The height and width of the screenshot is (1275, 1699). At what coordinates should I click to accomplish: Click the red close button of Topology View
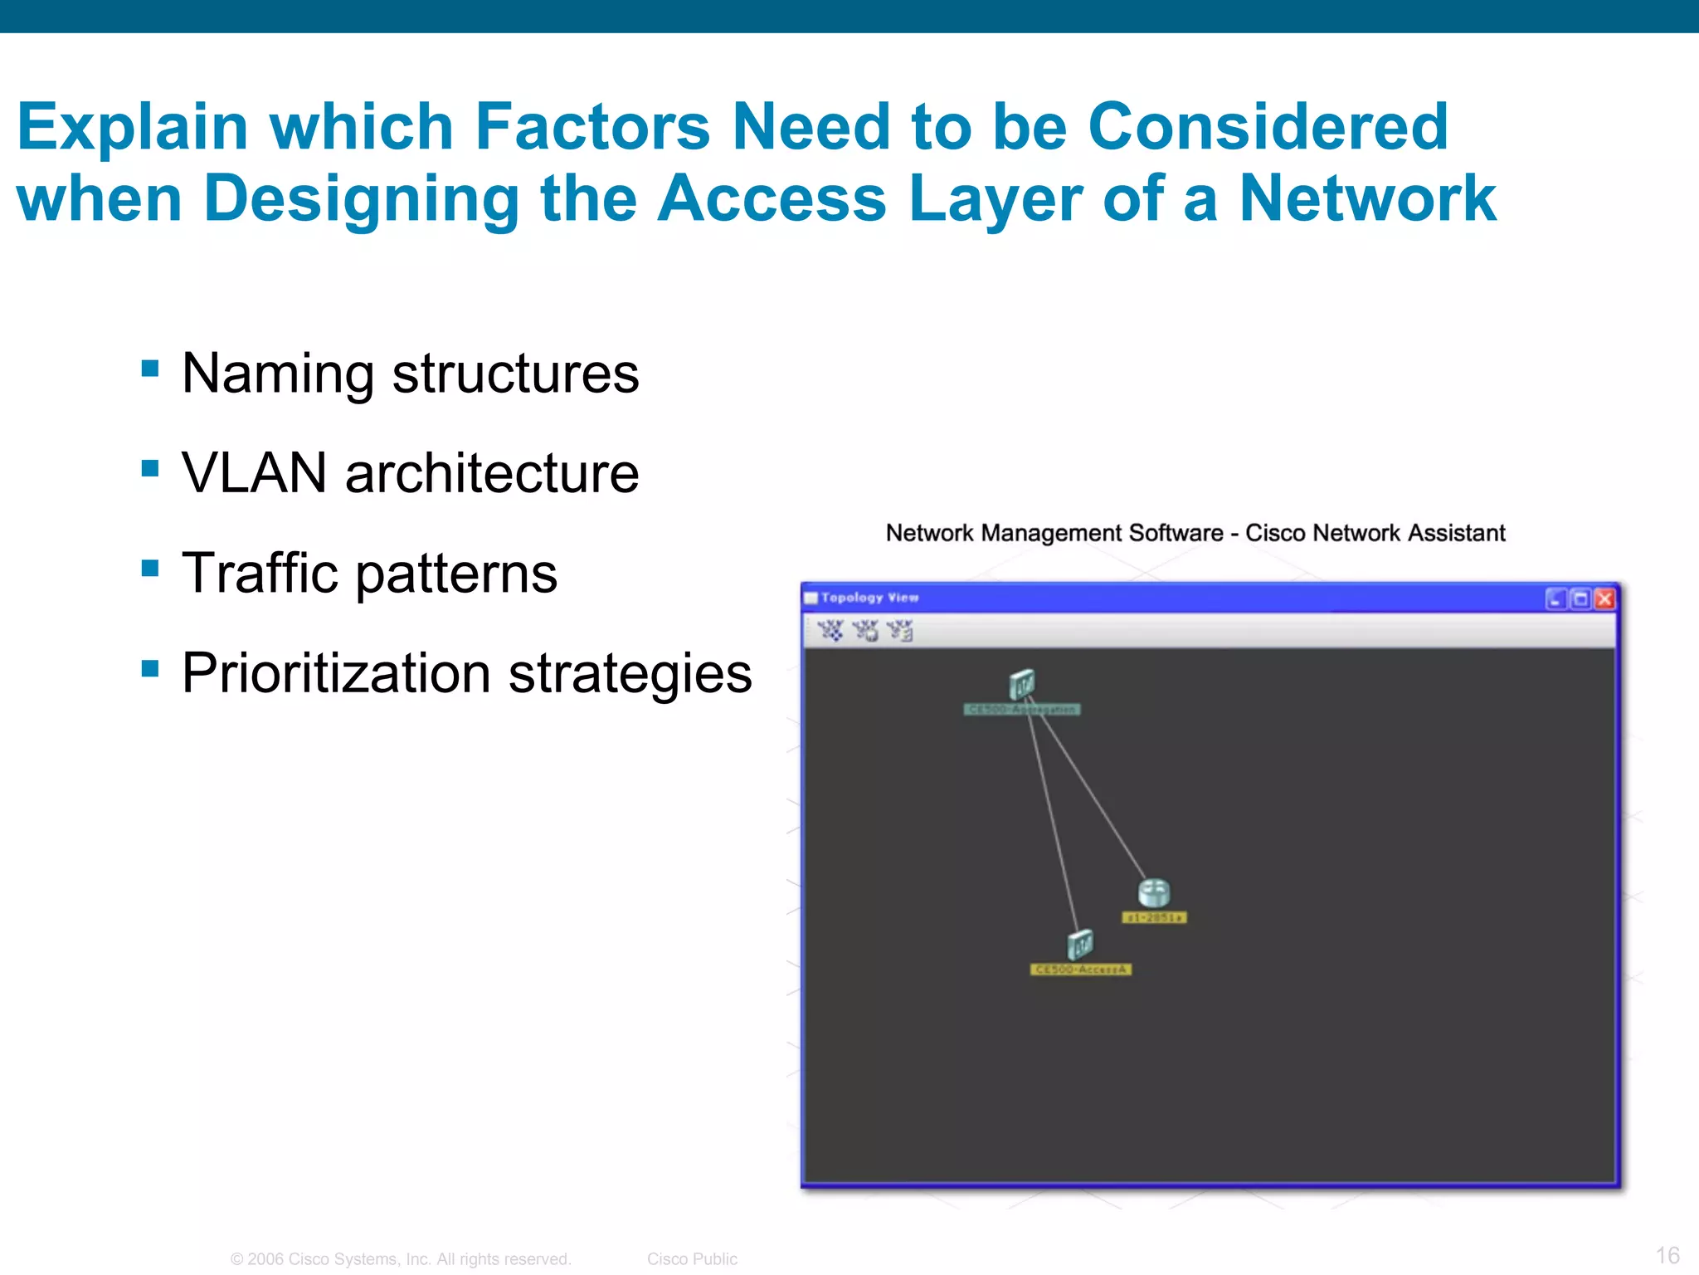tap(1604, 598)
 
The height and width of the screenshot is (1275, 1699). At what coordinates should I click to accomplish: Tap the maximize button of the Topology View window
tap(1580, 598)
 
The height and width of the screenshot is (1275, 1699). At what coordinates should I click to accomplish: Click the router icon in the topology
tap(1153, 892)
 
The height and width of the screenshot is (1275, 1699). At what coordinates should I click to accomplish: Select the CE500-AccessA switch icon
tap(1080, 945)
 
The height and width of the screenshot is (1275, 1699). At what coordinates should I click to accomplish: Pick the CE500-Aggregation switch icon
tap(1022, 685)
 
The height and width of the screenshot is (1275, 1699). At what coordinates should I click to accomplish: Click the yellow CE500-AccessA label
tap(1080, 970)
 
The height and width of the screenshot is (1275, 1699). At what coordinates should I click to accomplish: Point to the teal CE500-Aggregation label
tap(1022, 710)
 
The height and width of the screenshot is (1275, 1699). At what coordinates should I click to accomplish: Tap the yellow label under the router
tap(1154, 917)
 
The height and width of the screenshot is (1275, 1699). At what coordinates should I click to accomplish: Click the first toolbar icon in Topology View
tap(830, 631)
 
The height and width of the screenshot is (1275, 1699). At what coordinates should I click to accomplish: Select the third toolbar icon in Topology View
tap(899, 631)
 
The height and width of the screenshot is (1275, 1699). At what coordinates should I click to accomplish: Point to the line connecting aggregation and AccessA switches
tap(1054, 822)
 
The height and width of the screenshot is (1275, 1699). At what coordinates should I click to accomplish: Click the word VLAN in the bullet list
tap(254, 473)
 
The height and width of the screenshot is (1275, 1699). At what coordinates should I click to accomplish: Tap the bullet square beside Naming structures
tap(150, 369)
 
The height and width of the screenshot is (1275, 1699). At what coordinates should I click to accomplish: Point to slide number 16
tap(1667, 1255)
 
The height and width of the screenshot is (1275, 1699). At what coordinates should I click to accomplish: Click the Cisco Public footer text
tap(692, 1259)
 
